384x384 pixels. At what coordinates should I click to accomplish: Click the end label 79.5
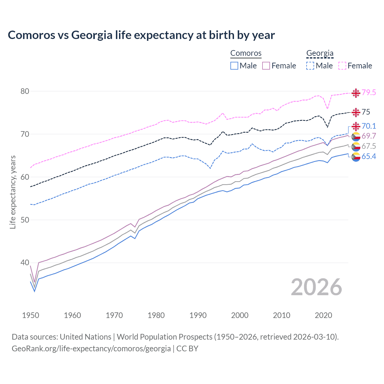[369, 92]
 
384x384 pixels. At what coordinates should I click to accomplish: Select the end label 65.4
[369, 156]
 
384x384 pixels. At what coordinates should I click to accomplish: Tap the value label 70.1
[369, 126]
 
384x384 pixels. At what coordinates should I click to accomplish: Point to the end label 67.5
[369, 146]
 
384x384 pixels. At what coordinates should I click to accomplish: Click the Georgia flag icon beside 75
[356, 112]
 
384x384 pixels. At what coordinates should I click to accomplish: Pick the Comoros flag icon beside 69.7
[356, 136]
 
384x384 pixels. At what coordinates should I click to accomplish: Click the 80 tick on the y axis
[25, 91]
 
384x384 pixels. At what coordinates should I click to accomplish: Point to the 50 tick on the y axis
[25, 220]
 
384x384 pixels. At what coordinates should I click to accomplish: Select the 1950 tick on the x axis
[31, 315]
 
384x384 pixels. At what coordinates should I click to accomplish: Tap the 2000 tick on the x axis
[240, 315]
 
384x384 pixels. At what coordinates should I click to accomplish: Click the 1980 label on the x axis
[156, 315]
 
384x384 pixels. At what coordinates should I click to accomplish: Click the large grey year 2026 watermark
[316, 287]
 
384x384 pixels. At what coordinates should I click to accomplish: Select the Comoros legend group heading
[246, 53]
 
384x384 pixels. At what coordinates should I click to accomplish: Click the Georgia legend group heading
[320, 53]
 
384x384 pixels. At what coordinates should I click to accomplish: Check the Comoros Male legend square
[234, 66]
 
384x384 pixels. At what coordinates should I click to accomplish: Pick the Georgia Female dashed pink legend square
[342, 66]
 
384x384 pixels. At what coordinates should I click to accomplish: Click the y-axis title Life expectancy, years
[13, 192]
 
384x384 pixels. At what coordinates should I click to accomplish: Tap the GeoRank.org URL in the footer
[91, 349]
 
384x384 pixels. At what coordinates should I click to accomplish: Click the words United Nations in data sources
[85, 337]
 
